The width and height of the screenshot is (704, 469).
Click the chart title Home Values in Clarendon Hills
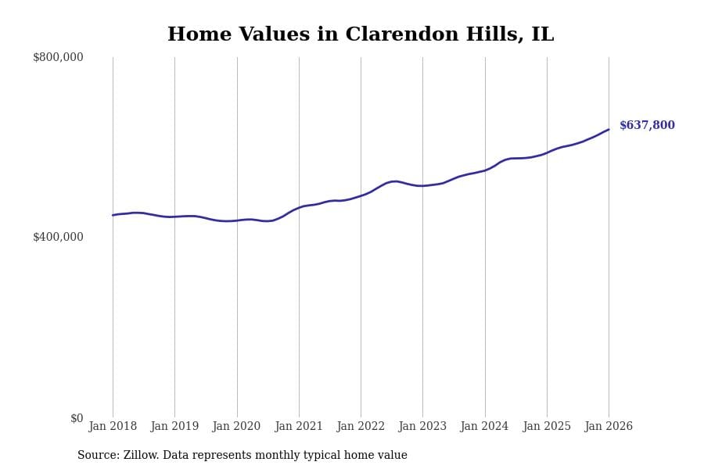pyautogui.click(x=360, y=35)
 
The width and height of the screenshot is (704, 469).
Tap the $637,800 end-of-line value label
pyautogui.click(x=647, y=126)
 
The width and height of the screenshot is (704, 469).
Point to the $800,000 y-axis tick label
pyautogui.click(x=58, y=57)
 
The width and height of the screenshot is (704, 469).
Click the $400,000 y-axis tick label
pyautogui.click(x=58, y=237)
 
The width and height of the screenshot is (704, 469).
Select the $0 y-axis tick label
pyautogui.click(x=77, y=418)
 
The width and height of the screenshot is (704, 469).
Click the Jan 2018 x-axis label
pyautogui.click(x=113, y=427)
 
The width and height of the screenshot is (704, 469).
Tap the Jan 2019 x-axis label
pyautogui.click(x=174, y=427)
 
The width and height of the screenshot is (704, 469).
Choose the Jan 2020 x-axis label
pyautogui.click(x=236, y=427)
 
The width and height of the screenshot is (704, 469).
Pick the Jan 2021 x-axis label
pyautogui.click(x=299, y=427)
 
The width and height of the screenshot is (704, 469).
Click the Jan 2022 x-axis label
pyautogui.click(x=361, y=427)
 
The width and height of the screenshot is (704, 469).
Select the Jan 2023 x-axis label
pyautogui.click(x=422, y=427)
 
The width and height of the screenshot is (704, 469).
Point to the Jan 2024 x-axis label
pyautogui.click(x=484, y=427)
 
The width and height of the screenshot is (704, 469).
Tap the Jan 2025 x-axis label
pyautogui.click(x=547, y=427)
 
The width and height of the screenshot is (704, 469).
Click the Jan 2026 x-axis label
pyautogui.click(x=609, y=427)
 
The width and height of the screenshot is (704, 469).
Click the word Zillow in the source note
pyautogui.click(x=139, y=456)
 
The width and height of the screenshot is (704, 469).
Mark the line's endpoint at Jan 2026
pyautogui.click(x=609, y=130)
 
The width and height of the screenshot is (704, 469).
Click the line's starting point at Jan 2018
pyautogui.click(x=113, y=215)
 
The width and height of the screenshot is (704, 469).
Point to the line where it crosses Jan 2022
pyautogui.click(x=361, y=195)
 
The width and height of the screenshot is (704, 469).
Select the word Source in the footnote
pyautogui.click(x=97, y=456)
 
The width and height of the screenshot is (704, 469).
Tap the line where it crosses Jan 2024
pyautogui.click(x=485, y=170)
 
